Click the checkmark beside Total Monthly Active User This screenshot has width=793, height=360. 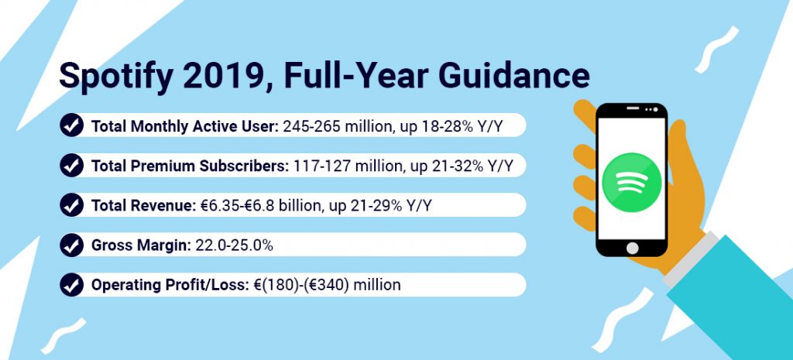[x=72, y=125]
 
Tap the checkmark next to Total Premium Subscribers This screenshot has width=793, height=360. [x=72, y=166]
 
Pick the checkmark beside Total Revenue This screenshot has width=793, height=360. [x=72, y=205]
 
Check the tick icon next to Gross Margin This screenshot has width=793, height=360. [x=72, y=245]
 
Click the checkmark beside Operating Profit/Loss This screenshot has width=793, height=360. [x=72, y=285]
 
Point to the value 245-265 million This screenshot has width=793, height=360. [x=338, y=126]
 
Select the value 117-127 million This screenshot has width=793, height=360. [x=348, y=166]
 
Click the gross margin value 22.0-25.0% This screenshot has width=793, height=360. [x=231, y=245]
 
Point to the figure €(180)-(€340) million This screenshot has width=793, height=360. [x=326, y=286]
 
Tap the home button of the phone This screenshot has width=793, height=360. [x=632, y=248]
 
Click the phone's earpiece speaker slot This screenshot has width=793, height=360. [x=633, y=108]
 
